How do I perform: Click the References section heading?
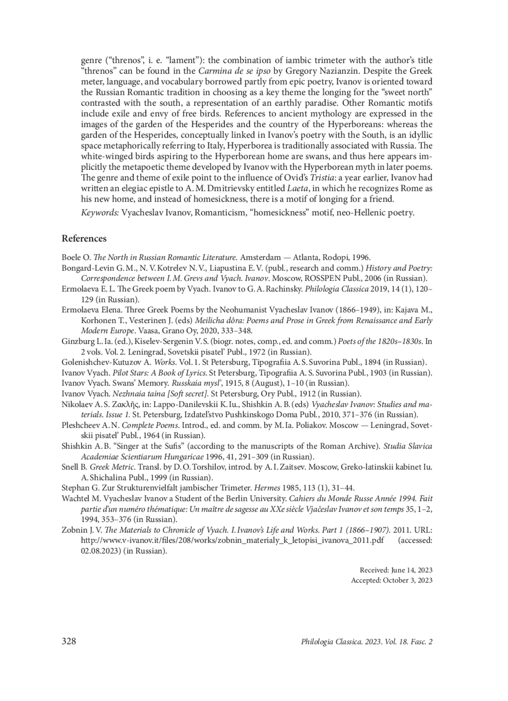click(84, 238)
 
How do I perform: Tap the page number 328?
click(69, 641)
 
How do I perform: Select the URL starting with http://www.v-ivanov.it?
click(232, 540)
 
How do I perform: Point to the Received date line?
click(396, 570)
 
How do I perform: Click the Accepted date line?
click(392, 580)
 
